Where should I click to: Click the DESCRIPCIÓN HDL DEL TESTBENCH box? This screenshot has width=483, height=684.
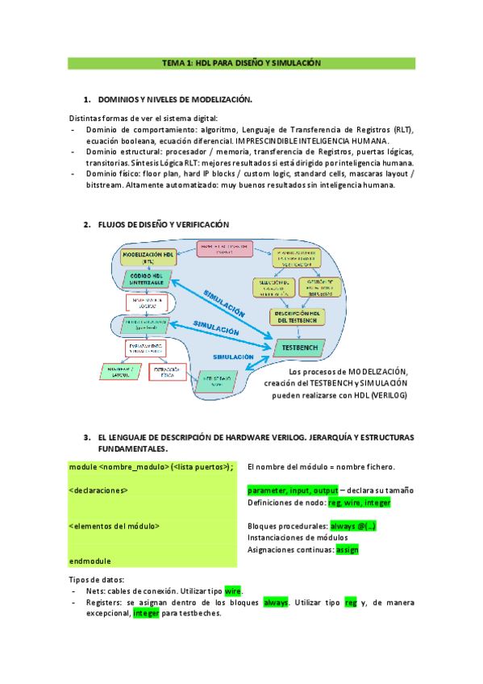tap(298, 317)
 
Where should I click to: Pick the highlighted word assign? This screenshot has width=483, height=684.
tap(347, 549)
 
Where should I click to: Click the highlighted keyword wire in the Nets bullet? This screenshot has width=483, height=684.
tap(233, 591)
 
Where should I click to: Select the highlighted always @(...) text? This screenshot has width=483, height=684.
tap(353, 526)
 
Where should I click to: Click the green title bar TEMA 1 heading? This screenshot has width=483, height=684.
tap(241, 63)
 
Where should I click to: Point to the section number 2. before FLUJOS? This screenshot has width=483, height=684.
tap(87, 224)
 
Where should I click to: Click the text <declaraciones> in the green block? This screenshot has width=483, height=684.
tap(98, 490)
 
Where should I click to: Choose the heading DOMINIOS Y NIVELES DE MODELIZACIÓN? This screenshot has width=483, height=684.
tap(175, 99)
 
